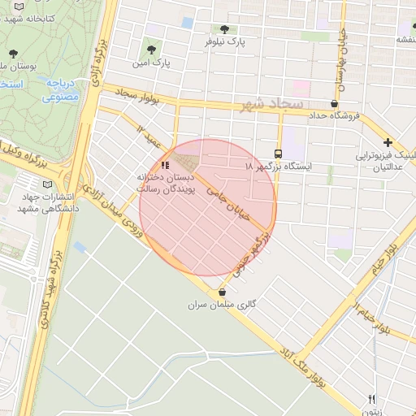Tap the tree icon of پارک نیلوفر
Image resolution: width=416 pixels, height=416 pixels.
coord(224,28)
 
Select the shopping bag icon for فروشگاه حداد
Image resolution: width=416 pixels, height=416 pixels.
coord(334,104)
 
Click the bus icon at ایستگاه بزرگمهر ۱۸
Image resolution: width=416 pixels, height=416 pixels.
coord(279,154)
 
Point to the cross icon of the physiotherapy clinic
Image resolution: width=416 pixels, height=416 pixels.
coord(388,142)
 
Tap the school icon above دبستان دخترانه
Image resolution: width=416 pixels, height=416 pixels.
coord(167,165)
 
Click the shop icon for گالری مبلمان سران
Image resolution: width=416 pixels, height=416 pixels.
coord(223,292)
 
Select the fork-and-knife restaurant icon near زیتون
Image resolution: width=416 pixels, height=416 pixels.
coord(373,399)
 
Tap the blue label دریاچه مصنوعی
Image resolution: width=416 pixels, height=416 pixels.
coord(60,90)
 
